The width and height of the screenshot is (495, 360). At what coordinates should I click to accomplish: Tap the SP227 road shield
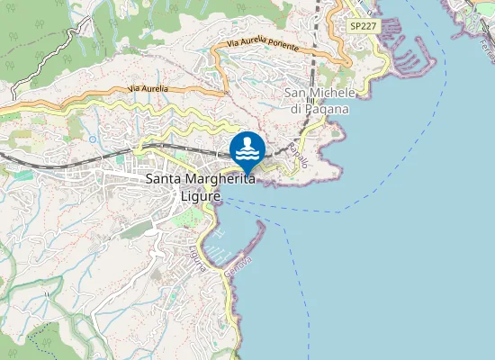[363, 27]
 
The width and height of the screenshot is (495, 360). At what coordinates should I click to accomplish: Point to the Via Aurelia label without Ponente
[148, 88]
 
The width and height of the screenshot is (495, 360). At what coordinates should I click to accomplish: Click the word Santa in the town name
[165, 180]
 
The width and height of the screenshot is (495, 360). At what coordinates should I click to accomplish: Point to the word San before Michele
[297, 93]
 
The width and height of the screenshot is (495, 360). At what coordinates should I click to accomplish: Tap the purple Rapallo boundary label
[301, 157]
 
